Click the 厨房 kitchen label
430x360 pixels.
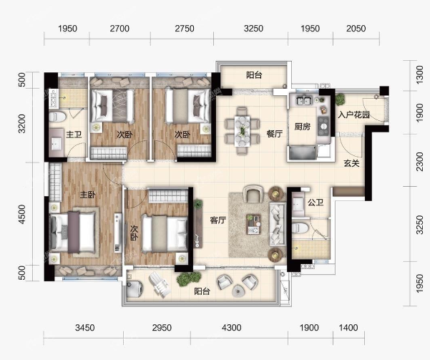click(303, 127)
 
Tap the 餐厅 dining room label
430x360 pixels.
click(275, 134)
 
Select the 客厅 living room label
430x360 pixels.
click(218, 220)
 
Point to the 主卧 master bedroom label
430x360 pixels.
click(88, 195)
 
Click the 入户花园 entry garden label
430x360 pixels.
click(353, 115)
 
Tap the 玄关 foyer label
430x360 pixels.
click(351, 163)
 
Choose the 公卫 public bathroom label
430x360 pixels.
click(316, 203)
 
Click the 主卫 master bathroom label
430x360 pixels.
click(74, 135)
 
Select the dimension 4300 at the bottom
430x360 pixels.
click(232, 327)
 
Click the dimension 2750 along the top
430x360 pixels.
click(185, 28)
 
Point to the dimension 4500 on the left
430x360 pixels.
click(21, 214)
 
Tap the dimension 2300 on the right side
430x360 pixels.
click(419, 162)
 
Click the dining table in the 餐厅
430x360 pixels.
click(243, 131)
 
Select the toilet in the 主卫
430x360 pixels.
click(57, 117)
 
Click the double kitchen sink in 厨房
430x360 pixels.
click(304, 100)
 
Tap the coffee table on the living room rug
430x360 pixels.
click(253, 224)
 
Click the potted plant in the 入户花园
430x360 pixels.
click(340, 99)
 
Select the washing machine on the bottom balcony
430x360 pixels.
click(135, 289)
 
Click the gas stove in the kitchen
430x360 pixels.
click(323, 126)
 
